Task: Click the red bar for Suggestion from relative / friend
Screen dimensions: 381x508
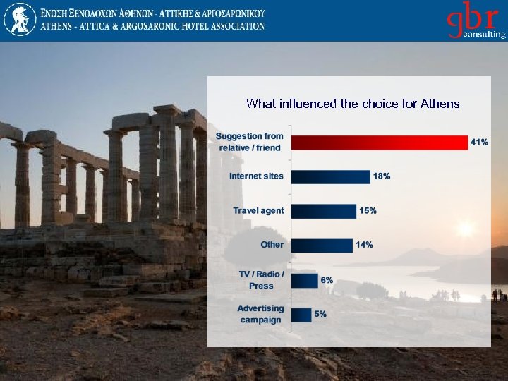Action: (x=379, y=142)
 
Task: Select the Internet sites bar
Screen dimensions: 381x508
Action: (x=330, y=176)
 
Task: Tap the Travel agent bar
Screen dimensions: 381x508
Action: (x=323, y=211)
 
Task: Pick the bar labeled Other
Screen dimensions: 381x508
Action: (x=321, y=245)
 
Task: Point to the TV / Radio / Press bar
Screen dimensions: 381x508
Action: (x=304, y=280)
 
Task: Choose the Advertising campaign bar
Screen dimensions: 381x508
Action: (x=301, y=315)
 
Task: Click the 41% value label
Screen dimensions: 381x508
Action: (x=479, y=142)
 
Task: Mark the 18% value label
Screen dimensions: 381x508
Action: (x=382, y=176)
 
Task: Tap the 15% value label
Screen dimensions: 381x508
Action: (x=368, y=210)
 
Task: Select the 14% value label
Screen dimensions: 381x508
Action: (x=364, y=245)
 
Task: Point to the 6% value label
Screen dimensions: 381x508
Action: (x=327, y=280)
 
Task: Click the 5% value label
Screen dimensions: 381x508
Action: (x=320, y=314)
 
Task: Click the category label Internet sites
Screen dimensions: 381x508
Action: (x=256, y=176)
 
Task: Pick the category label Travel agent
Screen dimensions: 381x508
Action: (x=258, y=210)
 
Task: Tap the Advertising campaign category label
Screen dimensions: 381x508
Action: (x=260, y=314)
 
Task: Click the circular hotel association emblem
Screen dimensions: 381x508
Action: (x=18, y=19)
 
